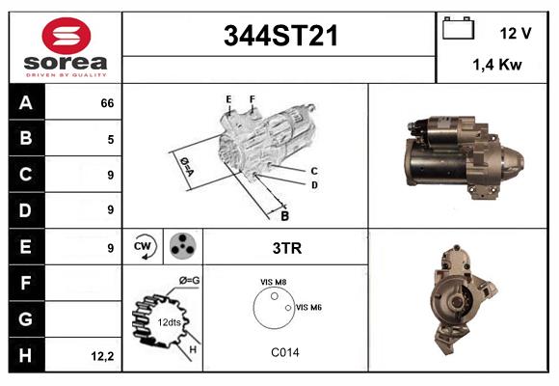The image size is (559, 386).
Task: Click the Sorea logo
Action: point(66,47)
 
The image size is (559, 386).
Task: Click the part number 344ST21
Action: point(280,36)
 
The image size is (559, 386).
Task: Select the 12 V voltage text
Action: point(516,33)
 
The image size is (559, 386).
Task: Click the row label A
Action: point(25,103)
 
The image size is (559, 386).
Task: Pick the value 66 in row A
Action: point(107,103)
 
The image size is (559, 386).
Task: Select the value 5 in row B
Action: point(111,139)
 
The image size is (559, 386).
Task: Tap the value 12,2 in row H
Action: point(103,355)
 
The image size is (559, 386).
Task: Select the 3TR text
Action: point(288,247)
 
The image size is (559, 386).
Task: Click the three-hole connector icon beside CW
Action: point(181,246)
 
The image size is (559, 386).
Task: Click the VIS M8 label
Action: point(273,282)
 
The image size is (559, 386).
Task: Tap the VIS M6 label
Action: point(308,307)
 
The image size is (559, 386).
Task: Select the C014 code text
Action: point(285,352)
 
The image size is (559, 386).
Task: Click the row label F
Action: point(25,283)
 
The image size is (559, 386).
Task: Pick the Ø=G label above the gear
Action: point(189,280)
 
